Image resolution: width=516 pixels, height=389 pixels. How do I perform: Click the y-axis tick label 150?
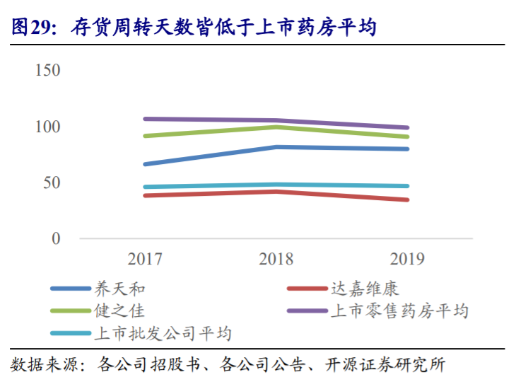tap(47, 71)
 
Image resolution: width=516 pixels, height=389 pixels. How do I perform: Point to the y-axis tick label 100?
tap(47, 127)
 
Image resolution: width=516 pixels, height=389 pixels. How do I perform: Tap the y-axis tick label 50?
tap(50, 182)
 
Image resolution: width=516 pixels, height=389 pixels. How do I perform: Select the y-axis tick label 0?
tap(56, 238)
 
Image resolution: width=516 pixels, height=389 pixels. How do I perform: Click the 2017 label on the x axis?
tap(145, 259)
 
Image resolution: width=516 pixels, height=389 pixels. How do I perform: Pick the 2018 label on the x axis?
tap(276, 259)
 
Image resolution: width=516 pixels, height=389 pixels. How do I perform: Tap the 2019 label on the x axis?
tap(407, 259)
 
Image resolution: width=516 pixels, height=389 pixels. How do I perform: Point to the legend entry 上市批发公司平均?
tap(163, 332)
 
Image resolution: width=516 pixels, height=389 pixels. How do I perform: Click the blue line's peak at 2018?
tap(276, 147)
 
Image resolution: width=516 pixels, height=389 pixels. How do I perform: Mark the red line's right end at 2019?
tap(407, 199)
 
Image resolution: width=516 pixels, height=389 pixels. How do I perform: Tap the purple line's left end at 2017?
tap(145, 119)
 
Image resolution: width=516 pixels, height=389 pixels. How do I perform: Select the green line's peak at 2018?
tap(276, 127)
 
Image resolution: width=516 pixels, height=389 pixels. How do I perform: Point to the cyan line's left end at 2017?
tap(145, 187)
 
